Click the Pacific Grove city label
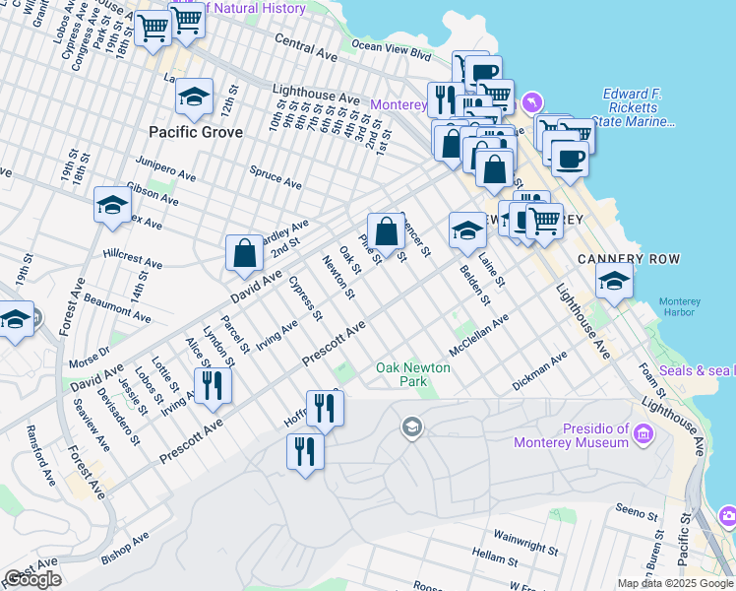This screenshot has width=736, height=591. [195, 131]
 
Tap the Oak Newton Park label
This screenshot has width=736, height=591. [412, 375]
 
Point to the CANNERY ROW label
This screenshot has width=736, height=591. [623, 259]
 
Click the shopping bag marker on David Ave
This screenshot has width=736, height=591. [244, 253]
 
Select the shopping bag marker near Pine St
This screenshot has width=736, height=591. [387, 231]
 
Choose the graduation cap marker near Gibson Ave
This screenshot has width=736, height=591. [113, 205]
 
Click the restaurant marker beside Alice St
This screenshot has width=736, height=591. [212, 385]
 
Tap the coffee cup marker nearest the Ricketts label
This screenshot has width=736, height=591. [569, 158]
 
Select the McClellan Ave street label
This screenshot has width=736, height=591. [478, 336]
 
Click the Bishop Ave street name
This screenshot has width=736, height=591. [124, 550]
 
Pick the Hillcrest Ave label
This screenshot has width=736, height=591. [133, 259]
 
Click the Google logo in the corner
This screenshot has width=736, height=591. [32, 579]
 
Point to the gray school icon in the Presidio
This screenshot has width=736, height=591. [411, 427]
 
